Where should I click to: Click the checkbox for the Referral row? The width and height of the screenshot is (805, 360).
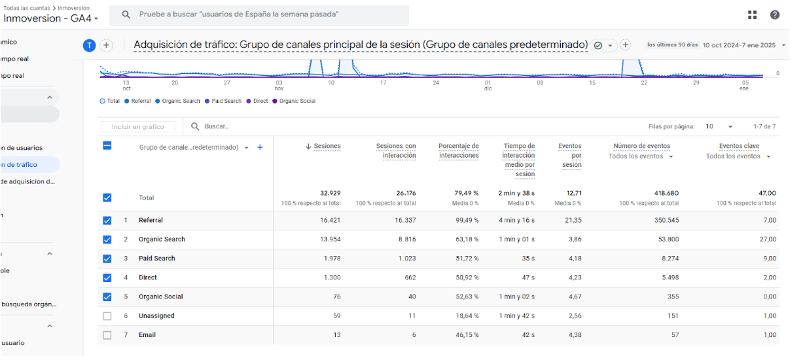coord(107,221)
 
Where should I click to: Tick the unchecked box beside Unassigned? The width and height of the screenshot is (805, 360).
coord(107,316)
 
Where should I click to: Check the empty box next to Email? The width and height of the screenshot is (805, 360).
coord(107,335)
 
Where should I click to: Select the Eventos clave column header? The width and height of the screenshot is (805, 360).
coord(739,147)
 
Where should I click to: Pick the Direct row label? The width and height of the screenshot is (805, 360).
coord(148,278)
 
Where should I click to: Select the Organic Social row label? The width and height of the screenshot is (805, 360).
coord(161,297)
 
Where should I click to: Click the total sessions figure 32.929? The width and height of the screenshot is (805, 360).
coord(330,193)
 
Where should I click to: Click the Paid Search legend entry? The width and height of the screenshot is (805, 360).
coord(226,101)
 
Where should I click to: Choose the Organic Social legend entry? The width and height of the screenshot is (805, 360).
coord(296,101)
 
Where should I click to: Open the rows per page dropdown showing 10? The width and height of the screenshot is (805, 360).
coord(719,126)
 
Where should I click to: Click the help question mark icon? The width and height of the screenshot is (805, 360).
coord(775,15)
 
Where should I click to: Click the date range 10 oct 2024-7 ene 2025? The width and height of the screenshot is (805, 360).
coord(739,45)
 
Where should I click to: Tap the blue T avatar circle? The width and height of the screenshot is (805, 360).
coord(90,45)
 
